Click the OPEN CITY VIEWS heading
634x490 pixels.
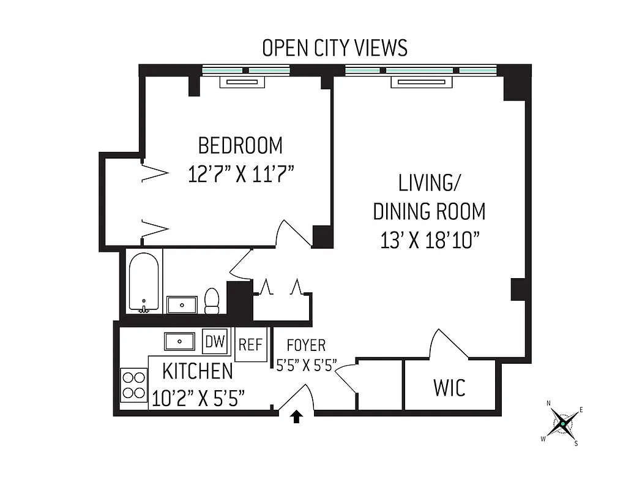334,48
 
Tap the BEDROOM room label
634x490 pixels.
241,146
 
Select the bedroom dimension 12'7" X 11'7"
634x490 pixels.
241,175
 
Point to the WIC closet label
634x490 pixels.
449,387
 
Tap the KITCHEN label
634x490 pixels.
197,371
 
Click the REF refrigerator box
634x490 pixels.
250,345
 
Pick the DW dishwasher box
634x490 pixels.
214,341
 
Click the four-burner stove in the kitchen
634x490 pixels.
133,385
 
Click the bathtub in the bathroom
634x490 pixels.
144,283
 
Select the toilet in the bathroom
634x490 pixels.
212,301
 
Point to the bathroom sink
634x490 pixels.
182,304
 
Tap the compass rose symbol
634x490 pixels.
562,423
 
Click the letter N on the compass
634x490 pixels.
548,403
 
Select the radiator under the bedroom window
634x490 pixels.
245,82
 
